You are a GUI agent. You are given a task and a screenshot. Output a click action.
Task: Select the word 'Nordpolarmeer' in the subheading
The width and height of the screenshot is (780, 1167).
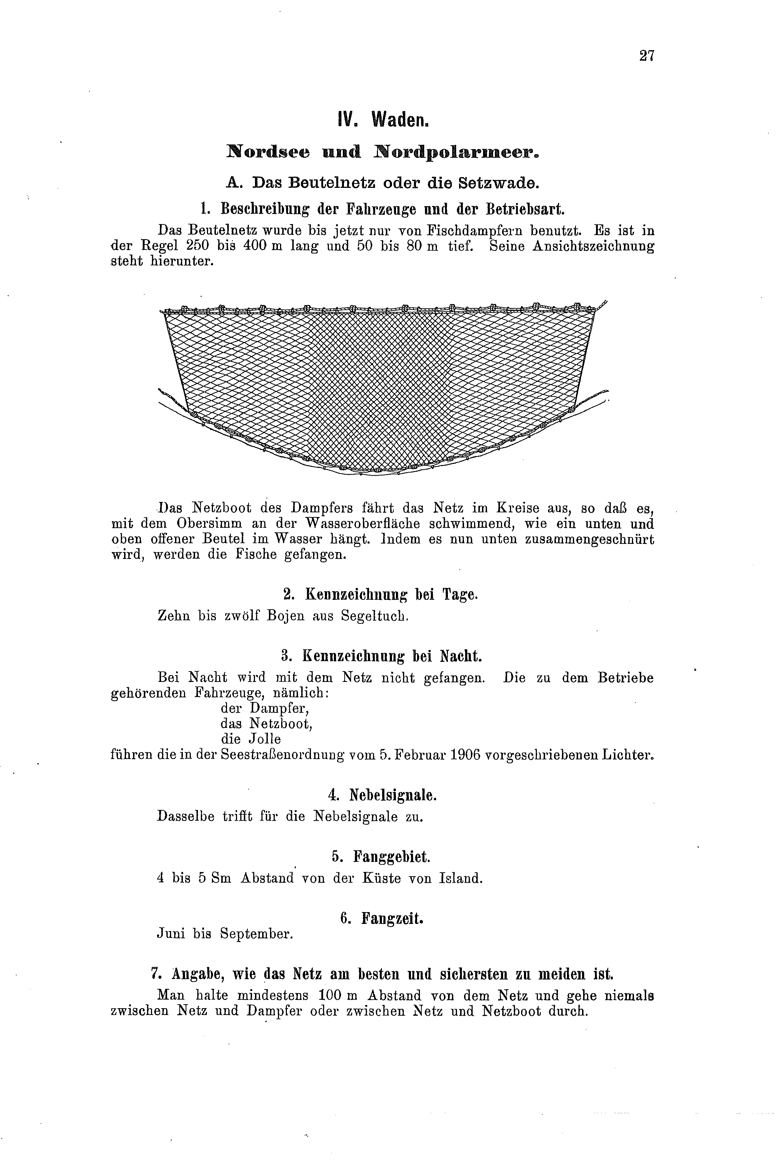click(x=456, y=152)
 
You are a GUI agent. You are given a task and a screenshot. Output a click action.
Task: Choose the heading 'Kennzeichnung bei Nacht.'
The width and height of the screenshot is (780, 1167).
click(x=382, y=656)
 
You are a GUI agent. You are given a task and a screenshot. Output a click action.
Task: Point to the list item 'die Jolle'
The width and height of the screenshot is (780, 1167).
click(x=251, y=739)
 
